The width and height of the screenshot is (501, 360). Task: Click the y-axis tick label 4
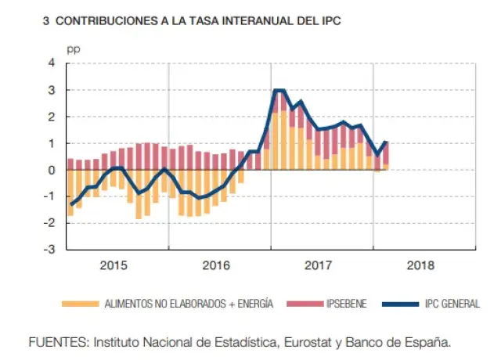click(52, 63)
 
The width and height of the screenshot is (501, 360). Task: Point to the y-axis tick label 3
click(52, 90)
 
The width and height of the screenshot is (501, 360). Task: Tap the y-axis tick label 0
click(52, 170)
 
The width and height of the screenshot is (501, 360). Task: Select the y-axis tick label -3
click(50, 250)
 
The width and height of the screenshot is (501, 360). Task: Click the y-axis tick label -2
click(50, 223)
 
